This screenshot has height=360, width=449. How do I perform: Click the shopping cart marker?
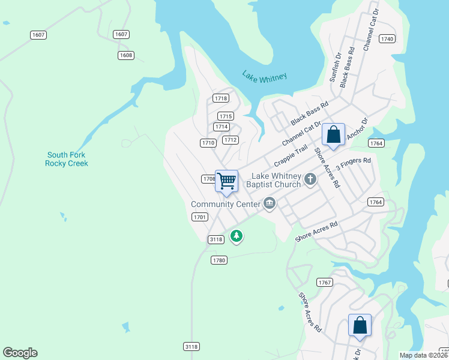(226, 181)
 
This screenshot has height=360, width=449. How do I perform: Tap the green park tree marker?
(237, 236)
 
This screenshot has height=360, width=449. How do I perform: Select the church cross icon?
(310, 179)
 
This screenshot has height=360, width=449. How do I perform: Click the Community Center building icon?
(270, 204)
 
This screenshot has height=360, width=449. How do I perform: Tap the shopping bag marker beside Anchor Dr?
(333, 136)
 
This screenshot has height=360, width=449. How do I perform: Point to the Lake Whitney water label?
(265, 76)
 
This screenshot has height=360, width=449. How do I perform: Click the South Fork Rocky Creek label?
(67, 159)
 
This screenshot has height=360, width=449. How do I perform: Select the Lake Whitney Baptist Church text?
(276, 180)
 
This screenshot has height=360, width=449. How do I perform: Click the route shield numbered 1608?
(125, 55)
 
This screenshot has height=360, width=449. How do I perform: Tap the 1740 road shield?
(387, 39)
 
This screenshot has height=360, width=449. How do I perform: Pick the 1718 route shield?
(221, 98)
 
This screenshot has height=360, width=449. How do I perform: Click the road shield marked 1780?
(219, 260)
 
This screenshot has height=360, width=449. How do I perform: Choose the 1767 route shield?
(325, 282)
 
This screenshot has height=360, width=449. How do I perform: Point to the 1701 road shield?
(200, 217)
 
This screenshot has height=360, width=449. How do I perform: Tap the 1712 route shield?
(231, 140)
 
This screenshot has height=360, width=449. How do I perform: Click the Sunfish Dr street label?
(334, 67)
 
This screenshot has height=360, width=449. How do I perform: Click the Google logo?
(20, 353)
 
